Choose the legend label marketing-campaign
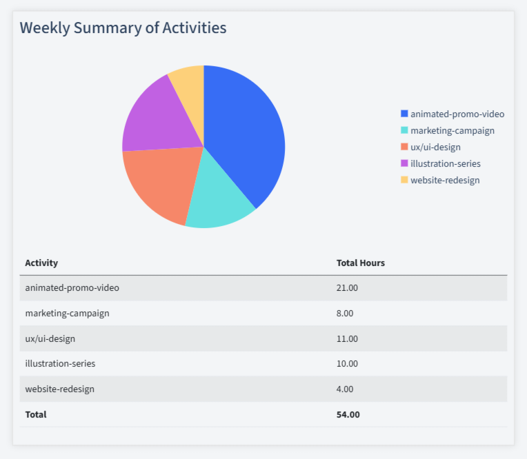tap(452, 130)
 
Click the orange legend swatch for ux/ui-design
tap(404, 147)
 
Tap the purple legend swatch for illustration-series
tap(404, 163)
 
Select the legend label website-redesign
tap(444, 180)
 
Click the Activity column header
tap(41, 263)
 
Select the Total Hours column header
tap(360, 263)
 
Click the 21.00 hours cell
tap(347, 287)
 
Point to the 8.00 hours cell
tap(344, 313)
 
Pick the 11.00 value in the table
tap(347, 338)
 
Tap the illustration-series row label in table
tap(59, 363)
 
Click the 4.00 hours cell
tap(344, 389)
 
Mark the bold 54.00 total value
tap(348, 414)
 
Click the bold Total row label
tap(36, 414)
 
